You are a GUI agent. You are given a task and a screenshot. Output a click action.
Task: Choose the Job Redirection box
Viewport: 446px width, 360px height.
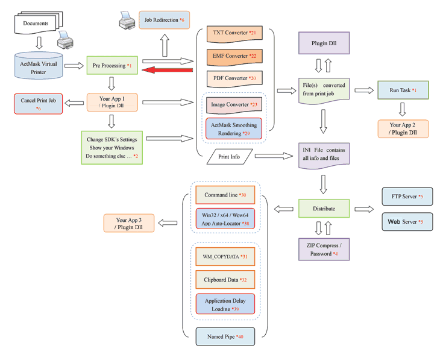164,20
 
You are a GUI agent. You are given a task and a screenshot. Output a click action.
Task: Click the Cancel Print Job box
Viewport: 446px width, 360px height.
39,104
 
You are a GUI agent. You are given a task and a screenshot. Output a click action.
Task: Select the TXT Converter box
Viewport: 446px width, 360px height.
231,33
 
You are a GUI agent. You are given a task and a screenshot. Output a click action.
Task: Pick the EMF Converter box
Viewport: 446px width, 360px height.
231,55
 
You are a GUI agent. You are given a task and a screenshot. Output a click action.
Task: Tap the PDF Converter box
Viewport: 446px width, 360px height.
231,78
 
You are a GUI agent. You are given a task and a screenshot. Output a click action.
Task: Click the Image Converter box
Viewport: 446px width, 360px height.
234,105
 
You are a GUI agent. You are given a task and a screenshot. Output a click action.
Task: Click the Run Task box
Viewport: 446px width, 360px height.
402,90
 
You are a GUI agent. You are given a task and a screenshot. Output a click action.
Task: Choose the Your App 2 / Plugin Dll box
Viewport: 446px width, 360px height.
402,128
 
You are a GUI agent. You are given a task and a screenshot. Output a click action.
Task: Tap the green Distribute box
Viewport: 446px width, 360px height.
324,209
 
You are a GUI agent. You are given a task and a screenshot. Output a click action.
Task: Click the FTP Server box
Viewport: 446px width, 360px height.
407,197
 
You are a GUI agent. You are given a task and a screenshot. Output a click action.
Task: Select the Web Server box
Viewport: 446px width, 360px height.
407,222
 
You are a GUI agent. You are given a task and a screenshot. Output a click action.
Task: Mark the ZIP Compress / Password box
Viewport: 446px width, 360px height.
324,249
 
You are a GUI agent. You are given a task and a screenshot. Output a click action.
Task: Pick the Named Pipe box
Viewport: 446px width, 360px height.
225,336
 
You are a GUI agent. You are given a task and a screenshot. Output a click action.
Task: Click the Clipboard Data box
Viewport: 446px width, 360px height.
225,280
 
